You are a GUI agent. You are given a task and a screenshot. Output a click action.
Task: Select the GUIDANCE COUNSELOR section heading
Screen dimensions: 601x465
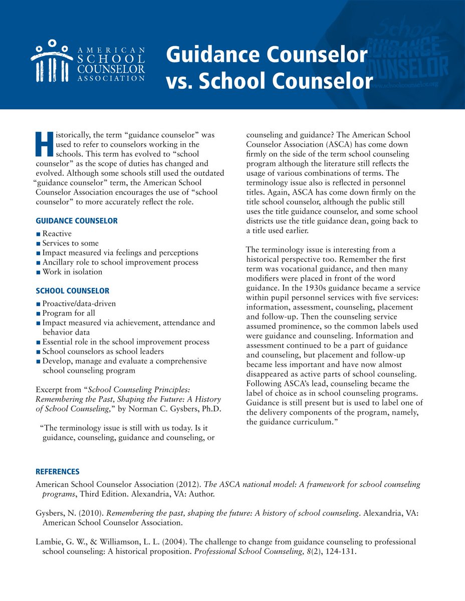click(77, 221)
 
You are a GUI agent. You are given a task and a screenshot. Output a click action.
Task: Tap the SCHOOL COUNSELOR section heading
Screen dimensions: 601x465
click(73, 291)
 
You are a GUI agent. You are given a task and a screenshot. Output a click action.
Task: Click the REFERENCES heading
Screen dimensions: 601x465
click(58, 472)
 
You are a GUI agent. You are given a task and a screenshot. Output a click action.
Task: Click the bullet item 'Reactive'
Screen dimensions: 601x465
click(57, 234)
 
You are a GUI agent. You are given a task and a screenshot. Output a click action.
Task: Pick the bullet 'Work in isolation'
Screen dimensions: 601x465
click(72, 272)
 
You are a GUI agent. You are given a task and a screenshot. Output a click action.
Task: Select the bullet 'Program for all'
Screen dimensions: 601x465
click(69, 314)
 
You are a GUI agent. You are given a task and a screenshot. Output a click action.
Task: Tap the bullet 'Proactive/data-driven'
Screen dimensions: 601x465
click(79, 304)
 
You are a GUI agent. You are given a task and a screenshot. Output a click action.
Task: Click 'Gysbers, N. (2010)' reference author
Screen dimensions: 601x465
click(69, 513)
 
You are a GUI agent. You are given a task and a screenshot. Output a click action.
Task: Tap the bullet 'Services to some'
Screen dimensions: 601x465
click(71, 243)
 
